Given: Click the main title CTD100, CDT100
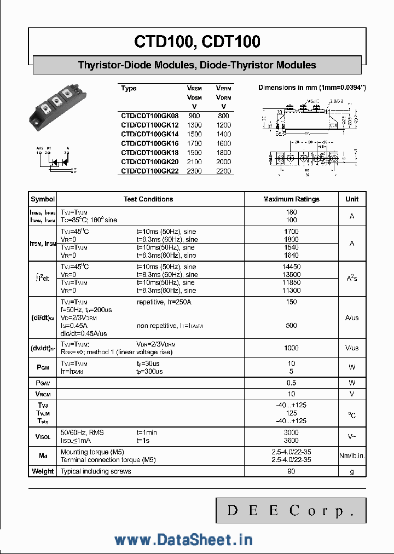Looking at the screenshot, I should (x=197, y=42).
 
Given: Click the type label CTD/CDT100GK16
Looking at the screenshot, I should (x=149, y=143).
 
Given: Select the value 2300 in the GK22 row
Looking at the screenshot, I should (x=194, y=171).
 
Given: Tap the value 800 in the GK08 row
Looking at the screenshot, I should (x=223, y=116).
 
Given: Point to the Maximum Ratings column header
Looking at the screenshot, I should (x=291, y=199).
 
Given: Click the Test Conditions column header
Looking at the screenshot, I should (x=148, y=199).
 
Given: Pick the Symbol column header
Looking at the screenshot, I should (x=43, y=199).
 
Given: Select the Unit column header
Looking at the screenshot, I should (x=352, y=199).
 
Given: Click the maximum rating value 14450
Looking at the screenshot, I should (x=291, y=267).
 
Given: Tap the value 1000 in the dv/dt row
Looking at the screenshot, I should (x=291, y=348).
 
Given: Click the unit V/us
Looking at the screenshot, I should (x=352, y=348).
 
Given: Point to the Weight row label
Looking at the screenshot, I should (x=43, y=471).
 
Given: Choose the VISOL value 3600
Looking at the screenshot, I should (x=291, y=440).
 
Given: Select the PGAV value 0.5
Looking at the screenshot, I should (x=291, y=383).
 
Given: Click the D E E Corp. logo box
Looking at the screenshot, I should (x=290, y=511).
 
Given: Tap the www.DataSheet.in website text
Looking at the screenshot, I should (x=183, y=540).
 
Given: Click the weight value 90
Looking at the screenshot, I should (x=291, y=471).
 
